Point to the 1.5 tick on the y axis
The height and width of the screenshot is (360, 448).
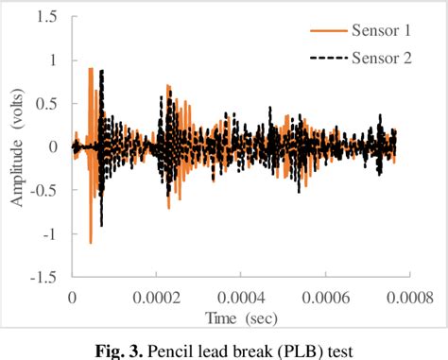coord(43,17)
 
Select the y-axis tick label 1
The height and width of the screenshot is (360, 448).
coord(49,60)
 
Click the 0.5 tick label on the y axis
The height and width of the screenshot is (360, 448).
coord(43,104)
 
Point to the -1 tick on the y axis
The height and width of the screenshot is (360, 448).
coord(46,233)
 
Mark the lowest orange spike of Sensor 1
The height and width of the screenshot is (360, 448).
coord(91,242)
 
